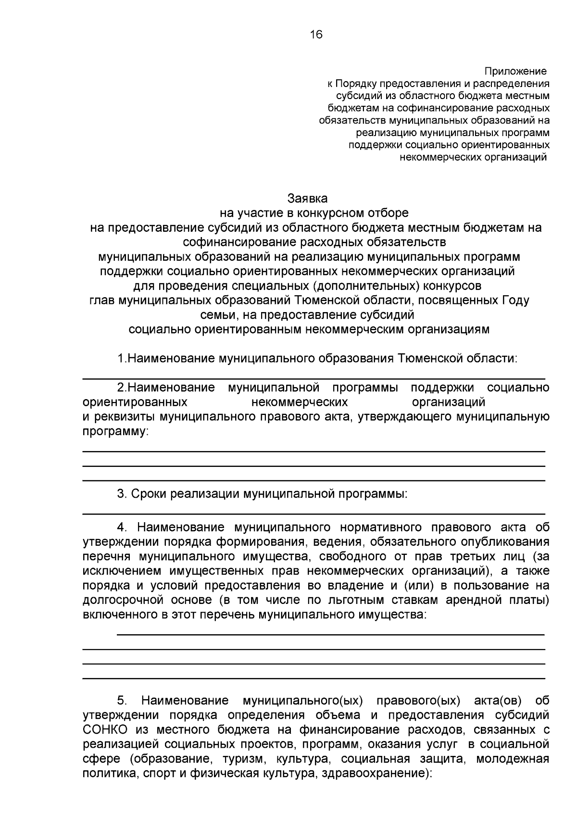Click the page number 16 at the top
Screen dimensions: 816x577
316,35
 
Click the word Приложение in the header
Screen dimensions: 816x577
515,72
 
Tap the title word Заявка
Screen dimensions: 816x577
307,198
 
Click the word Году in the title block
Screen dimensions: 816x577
515,301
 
